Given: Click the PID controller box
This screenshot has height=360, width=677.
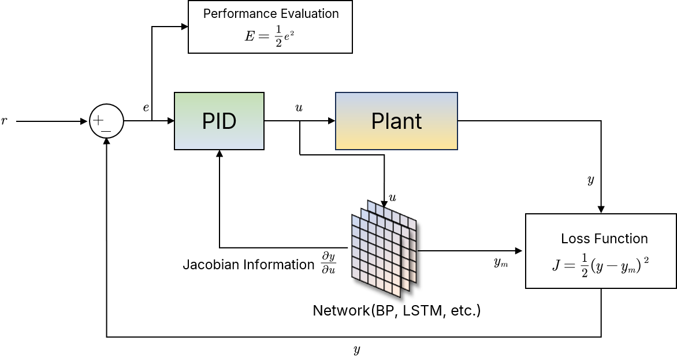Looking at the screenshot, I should [x=219, y=121].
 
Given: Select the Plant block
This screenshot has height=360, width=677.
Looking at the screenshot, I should [x=396, y=121].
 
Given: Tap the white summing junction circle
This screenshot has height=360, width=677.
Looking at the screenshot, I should [x=107, y=121].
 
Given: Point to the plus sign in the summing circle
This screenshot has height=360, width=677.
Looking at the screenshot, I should [x=99, y=120].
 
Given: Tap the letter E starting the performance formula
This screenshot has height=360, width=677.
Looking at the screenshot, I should [x=250, y=36].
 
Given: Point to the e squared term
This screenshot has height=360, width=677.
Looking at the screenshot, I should [x=291, y=35].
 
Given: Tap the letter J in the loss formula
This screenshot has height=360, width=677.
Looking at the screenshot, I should [x=556, y=266].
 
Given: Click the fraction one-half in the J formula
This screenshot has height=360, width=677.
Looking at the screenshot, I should [x=584, y=266].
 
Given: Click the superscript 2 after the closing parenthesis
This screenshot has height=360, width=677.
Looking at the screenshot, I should [x=646, y=261].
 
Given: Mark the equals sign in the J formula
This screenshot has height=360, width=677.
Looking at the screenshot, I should [x=570, y=266].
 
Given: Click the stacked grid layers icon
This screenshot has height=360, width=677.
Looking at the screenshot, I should [x=384, y=248].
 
